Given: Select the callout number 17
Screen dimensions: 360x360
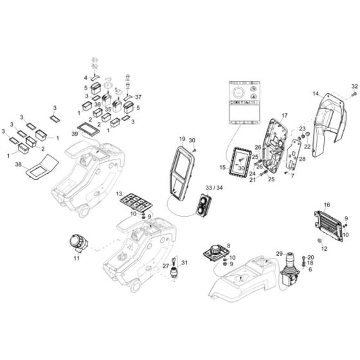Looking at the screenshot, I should pos(266,115).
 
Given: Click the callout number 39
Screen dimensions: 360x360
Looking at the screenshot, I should pos(75,133).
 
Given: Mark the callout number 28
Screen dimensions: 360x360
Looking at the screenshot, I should pos(303,159).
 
